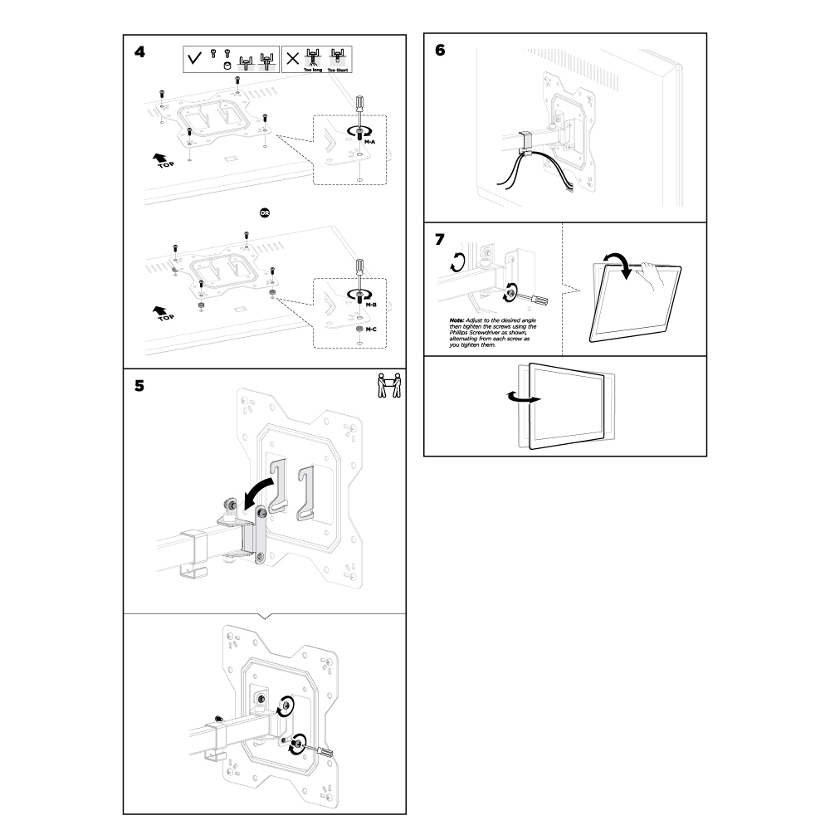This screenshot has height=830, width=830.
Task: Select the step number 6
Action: click(x=439, y=50)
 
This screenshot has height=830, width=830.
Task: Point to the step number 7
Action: click(x=439, y=239)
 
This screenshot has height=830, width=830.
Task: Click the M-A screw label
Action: click(x=370, y=142)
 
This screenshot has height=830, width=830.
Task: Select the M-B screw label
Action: click(x=371, y=305)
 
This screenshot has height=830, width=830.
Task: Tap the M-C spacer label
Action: click(x=371, y=330)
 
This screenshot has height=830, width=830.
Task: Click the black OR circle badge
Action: click(x=265, y=212)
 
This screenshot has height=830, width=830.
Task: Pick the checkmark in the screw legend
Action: click(x=195, y=59)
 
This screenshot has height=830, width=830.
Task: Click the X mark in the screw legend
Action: click(x=292, y=59)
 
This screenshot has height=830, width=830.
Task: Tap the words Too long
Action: click(x=313, y=71)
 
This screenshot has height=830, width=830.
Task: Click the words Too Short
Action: click(x=338, y=71)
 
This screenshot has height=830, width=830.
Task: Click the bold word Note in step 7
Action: click(x=456, y=320)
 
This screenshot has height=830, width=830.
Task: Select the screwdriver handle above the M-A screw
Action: click(x=359, y=104)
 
